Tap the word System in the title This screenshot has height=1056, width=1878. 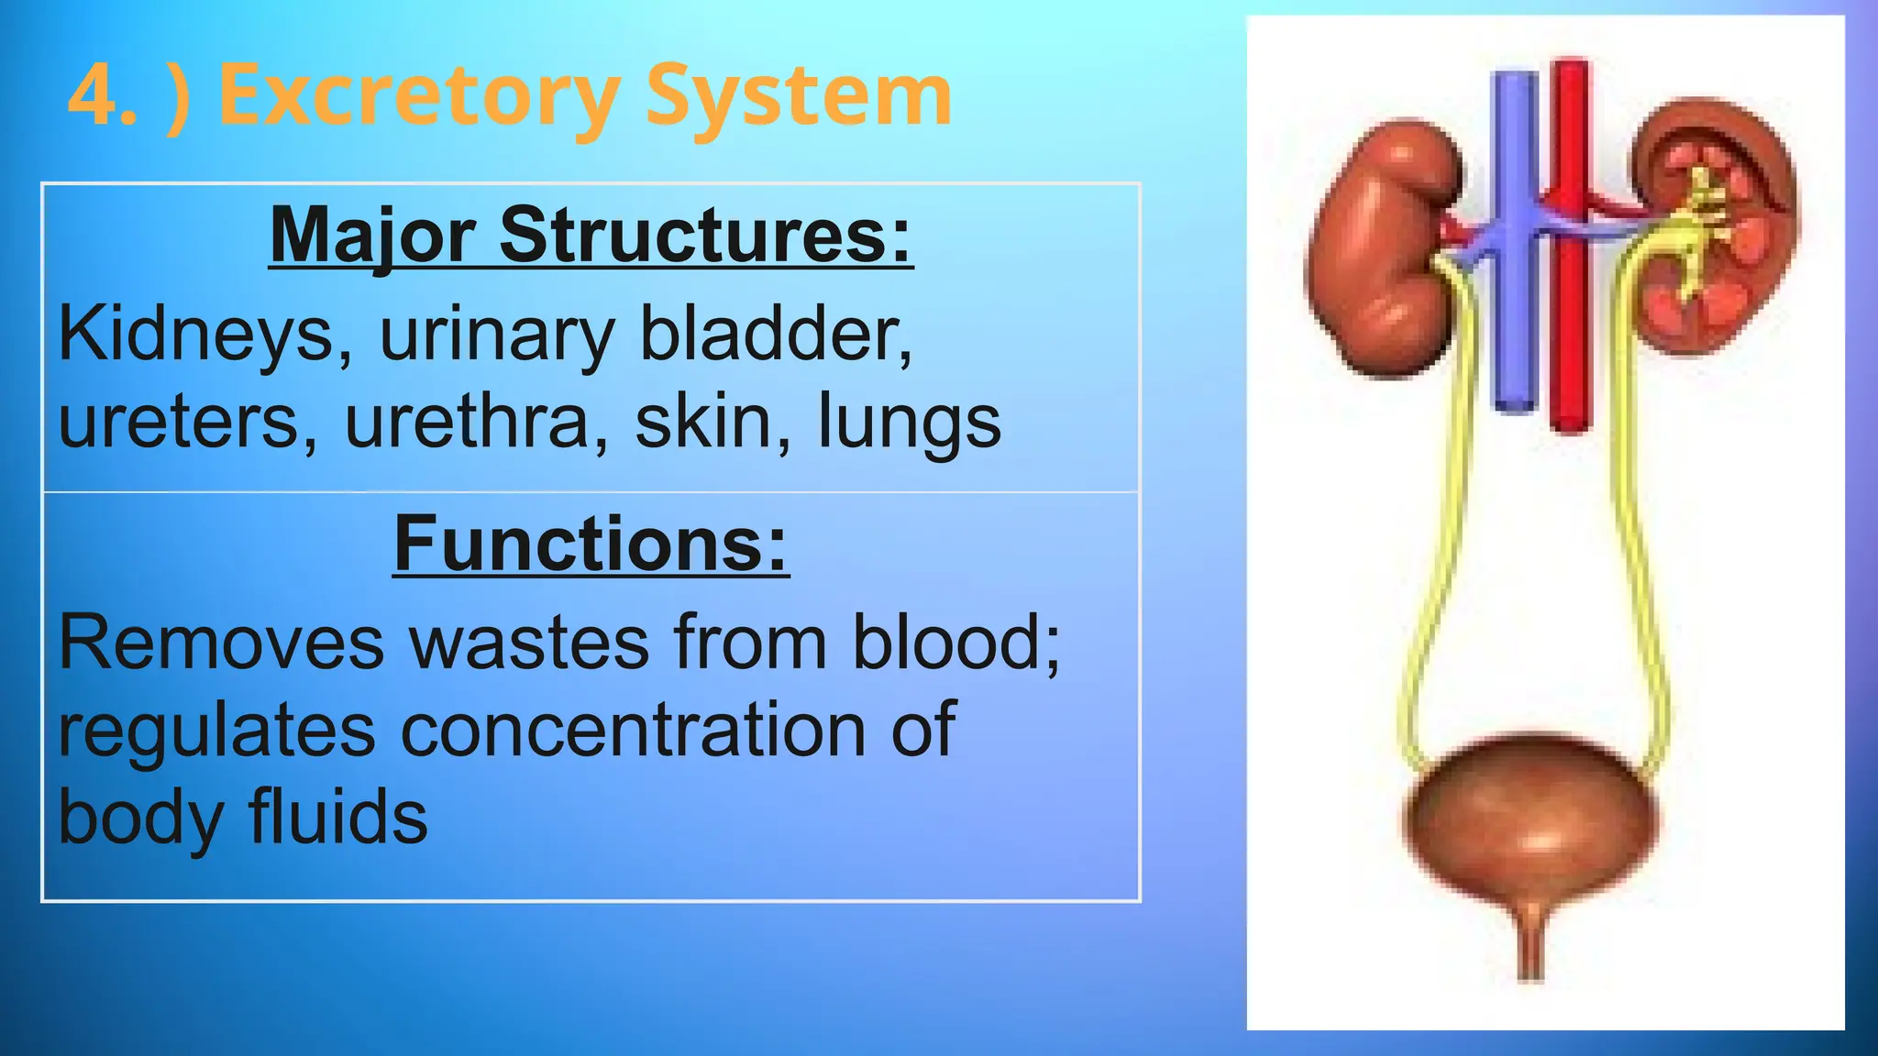pos(798,96)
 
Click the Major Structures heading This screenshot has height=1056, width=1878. pos(591,236)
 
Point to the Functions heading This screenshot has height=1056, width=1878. pos(591,544)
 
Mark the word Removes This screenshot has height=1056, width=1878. pos(221,643)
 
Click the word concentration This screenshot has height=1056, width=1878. pos(633,731)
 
